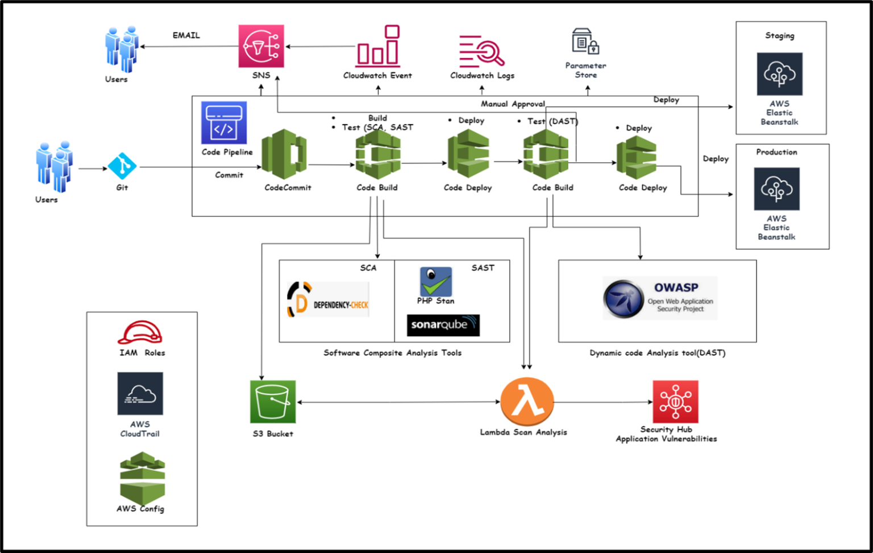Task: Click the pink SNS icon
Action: pos(261,46)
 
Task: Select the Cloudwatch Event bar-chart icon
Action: pos(378,46)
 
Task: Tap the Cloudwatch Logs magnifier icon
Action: pos(482,51)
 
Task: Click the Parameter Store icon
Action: pos(585,42)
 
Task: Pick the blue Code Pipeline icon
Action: pos(224,123)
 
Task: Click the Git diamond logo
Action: pos(122,167)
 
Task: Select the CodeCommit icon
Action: pos(284,155)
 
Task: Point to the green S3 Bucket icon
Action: pos(273,402)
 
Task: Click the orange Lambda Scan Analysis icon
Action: pos(527,402)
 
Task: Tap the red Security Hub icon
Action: pos(675,402)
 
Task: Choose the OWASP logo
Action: pos(660,298)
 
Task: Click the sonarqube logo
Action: pos(443,325)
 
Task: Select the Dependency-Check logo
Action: pos(328,300)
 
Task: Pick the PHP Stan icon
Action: pos(435,282)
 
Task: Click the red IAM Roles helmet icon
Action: pos(140,333)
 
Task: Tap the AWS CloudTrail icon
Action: pos(140,394)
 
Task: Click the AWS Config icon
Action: pos(142,477)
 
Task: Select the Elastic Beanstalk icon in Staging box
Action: pos(779,74)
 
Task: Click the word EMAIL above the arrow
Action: pos(186,35)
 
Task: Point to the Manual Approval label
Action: pos(513,104)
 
